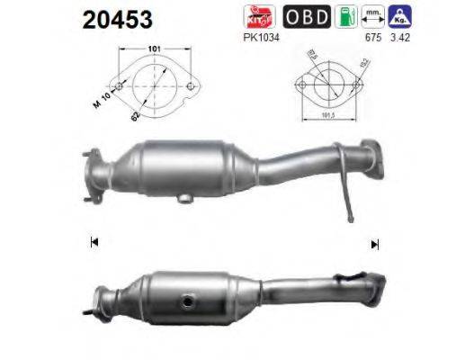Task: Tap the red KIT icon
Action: [256, 16]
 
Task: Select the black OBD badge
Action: [303, 16]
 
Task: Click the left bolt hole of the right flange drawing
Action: [303, 88]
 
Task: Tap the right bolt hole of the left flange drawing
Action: [190, 87]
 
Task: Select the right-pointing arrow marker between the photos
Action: [374, 243]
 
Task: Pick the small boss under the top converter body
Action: [183, 196]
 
